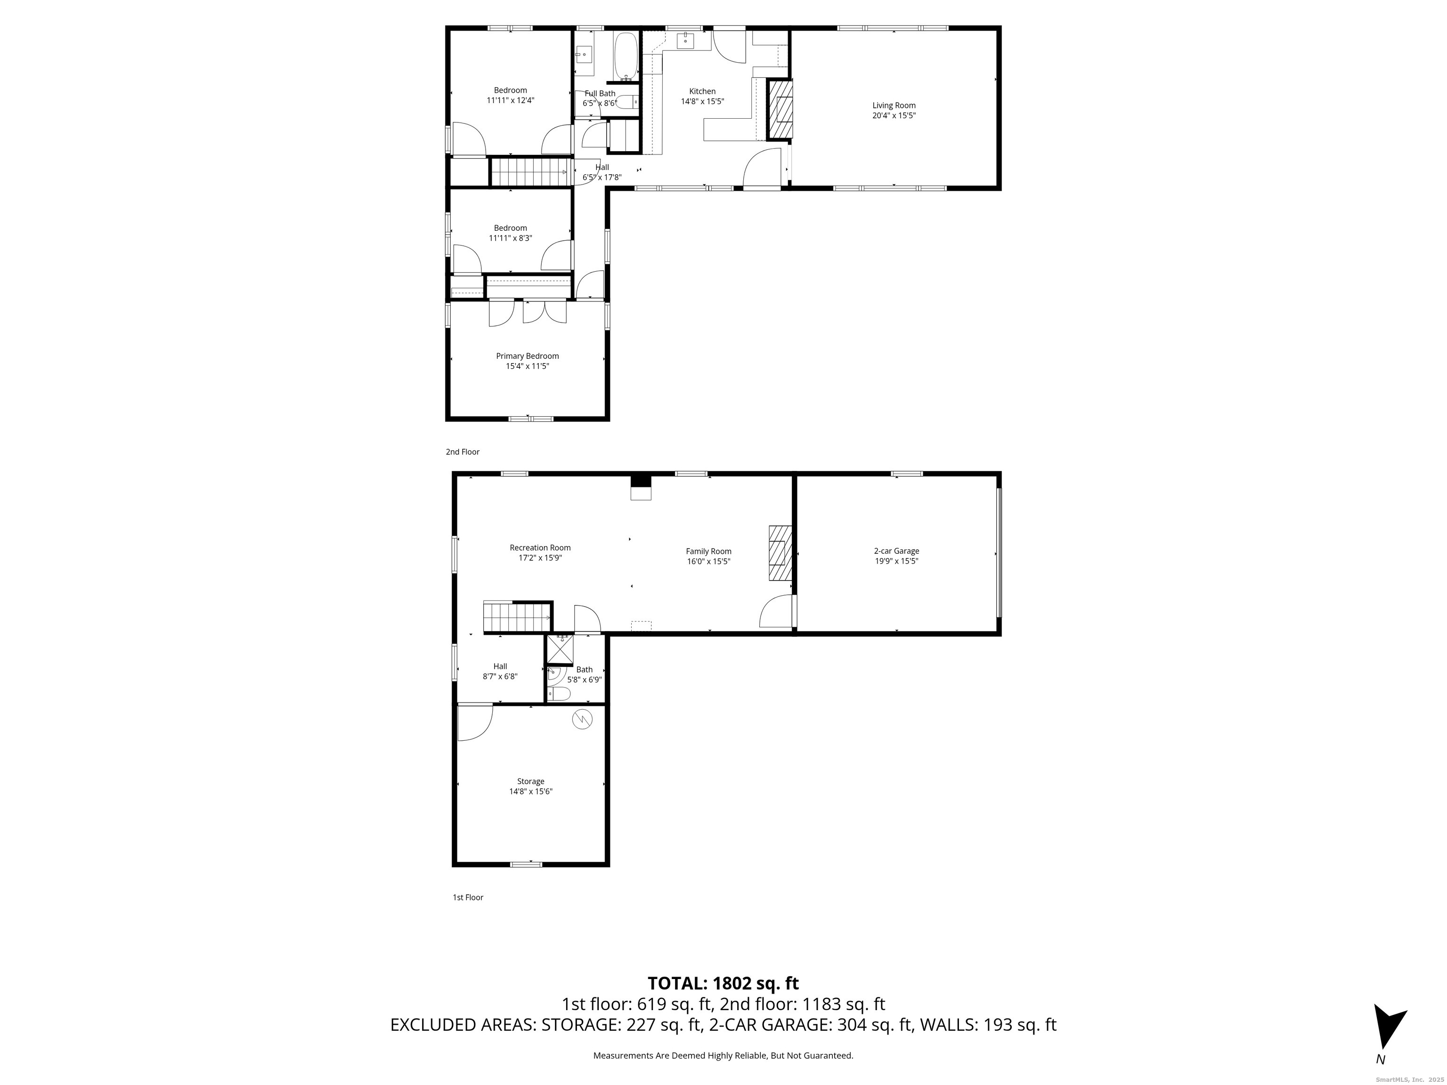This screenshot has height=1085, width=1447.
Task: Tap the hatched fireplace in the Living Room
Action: tap(780, 109)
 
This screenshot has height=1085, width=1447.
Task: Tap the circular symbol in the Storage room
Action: tap(582, 720)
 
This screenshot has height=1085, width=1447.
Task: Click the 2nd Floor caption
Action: tap(463, 452)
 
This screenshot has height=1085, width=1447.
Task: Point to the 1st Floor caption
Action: tap(468, 897)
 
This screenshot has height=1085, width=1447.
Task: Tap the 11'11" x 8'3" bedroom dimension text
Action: tap(510, 238)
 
